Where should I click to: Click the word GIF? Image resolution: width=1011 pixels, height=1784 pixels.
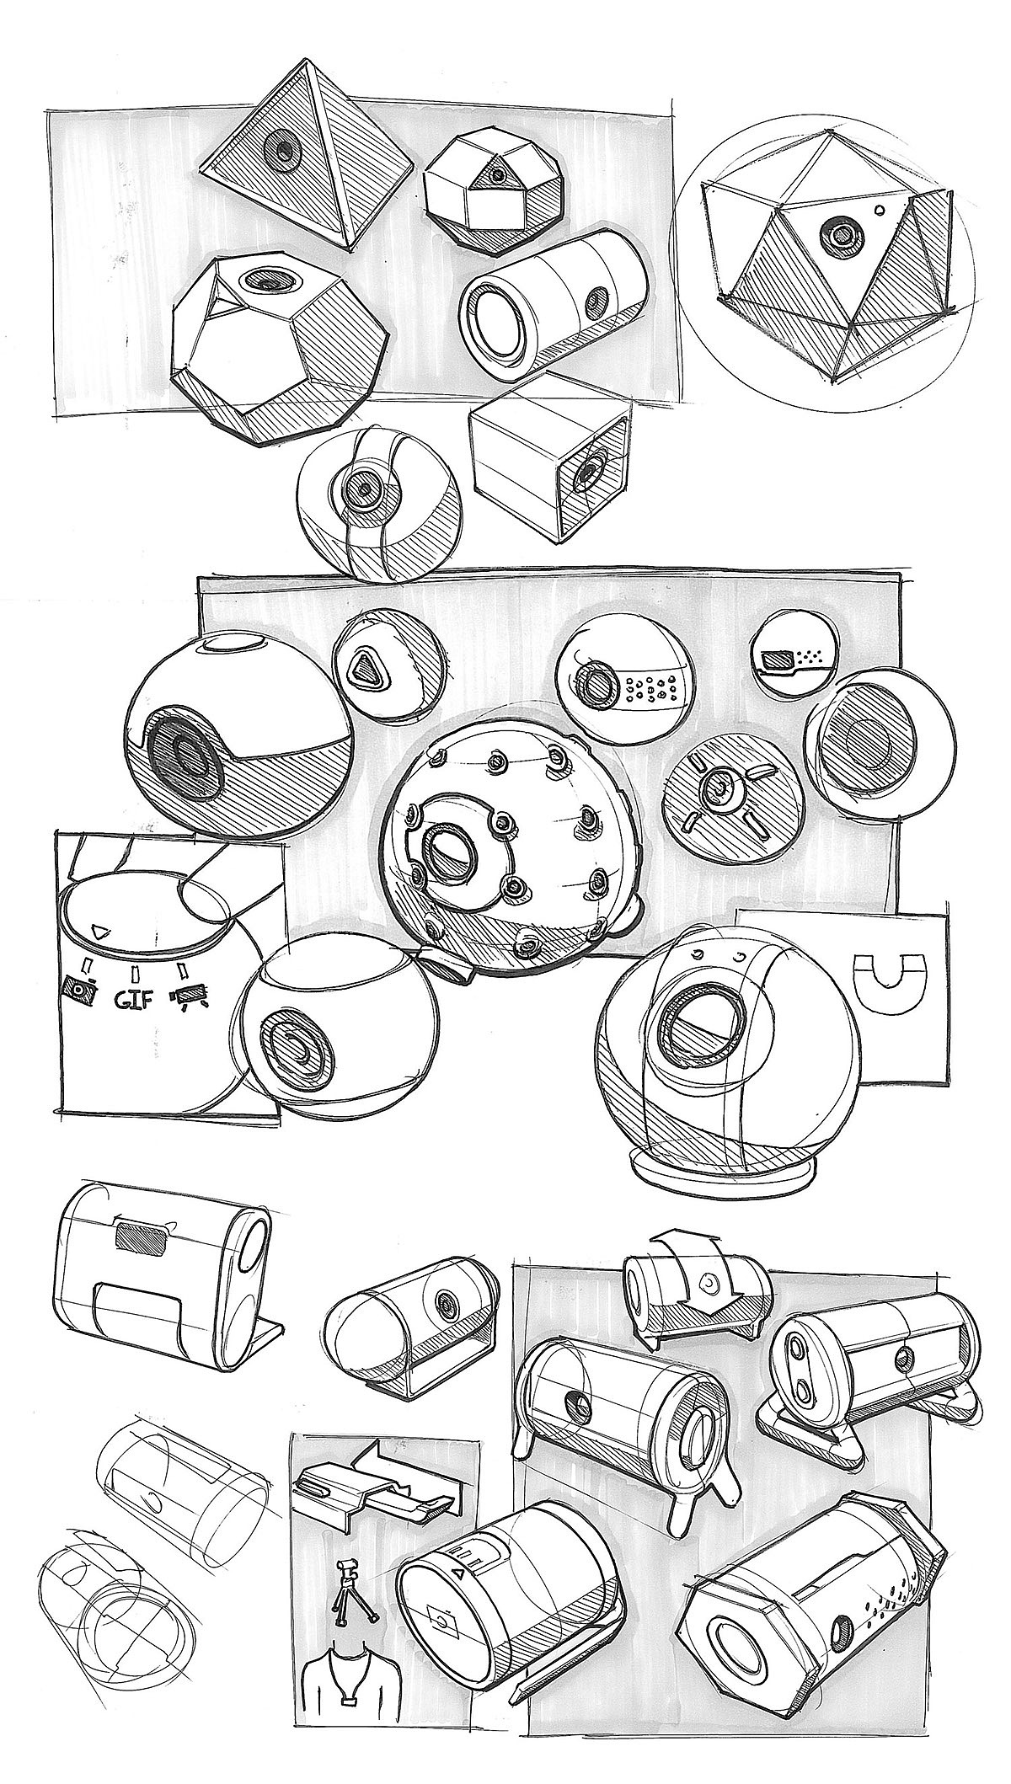click(x=132, y=1001)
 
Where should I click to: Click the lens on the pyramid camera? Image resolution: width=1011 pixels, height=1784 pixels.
click(x=280, y=151)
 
